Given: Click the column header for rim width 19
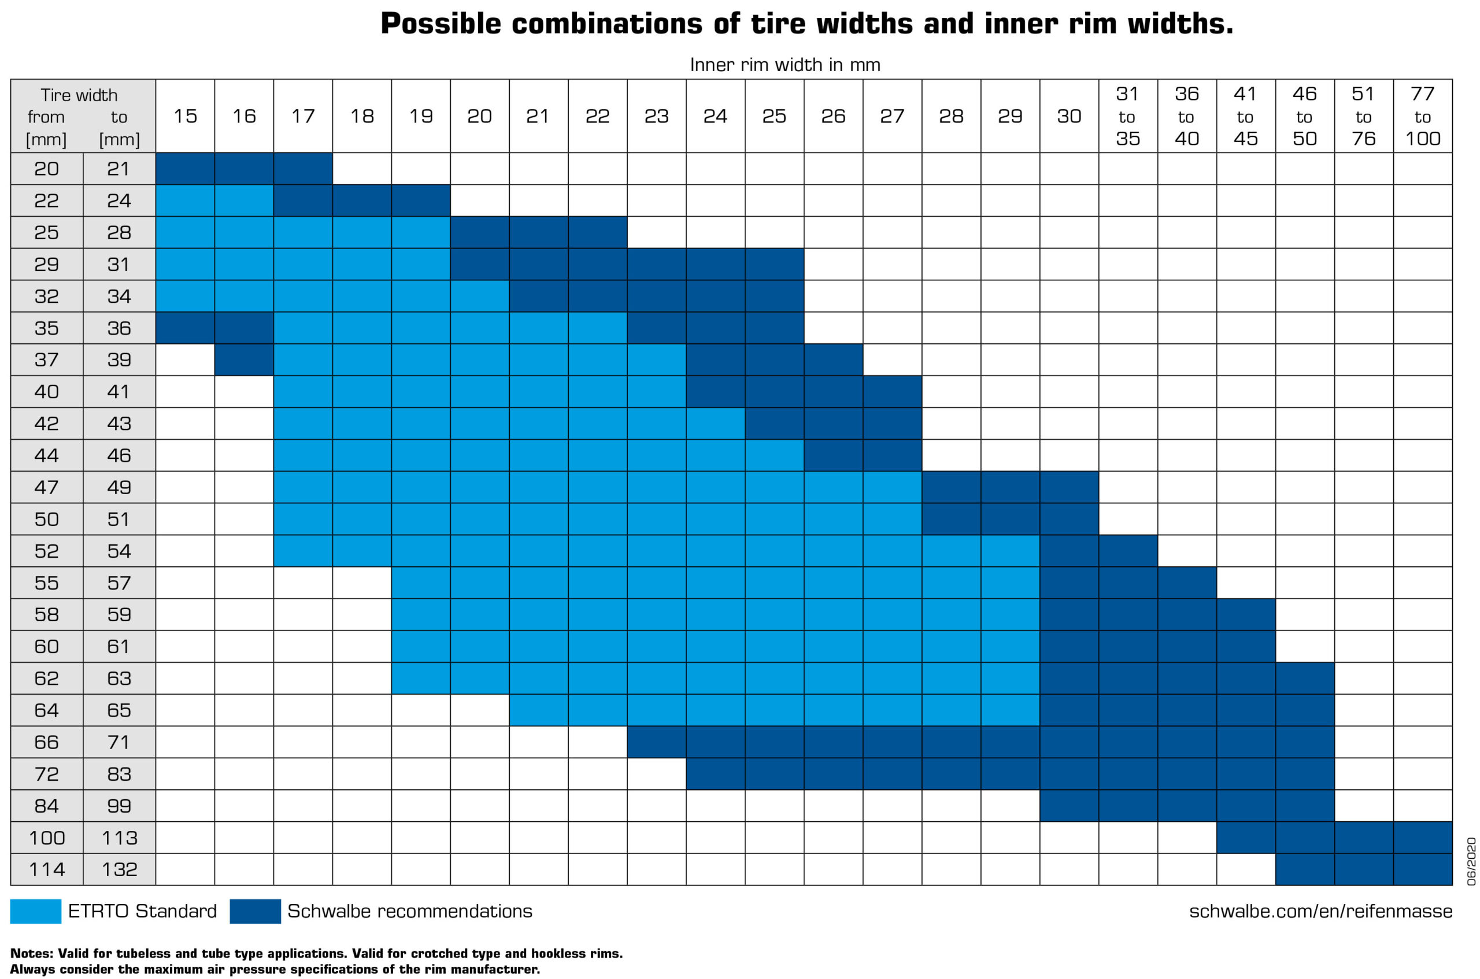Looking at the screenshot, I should pos(420,116).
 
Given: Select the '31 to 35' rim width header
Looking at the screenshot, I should pos(1127,116).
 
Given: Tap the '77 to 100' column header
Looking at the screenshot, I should pos(1422,116).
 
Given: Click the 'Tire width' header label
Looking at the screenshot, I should pos(79,95).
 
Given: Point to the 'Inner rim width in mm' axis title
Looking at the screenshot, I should pos(785,65).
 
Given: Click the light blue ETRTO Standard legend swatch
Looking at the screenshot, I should pos(36,911).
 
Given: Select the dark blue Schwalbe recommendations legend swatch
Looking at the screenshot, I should pos(255,911).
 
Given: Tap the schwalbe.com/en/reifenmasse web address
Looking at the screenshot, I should pos(1320,911).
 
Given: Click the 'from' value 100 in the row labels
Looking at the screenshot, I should pos(47,837).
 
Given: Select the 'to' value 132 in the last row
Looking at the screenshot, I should pos(119,869).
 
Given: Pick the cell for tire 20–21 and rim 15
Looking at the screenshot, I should pos(185,169).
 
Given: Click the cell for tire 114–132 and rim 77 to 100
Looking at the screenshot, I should pos(1422,869).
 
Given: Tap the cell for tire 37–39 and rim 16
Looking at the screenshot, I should pos(243,359).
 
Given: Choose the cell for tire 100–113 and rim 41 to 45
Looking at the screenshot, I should pos(1245,837).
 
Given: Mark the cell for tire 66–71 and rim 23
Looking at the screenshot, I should pos(656,741).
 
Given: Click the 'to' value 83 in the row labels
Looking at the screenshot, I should pos(119,774).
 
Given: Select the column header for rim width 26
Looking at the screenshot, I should pos(833,116).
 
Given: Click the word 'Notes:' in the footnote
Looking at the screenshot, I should pos(32,954).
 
